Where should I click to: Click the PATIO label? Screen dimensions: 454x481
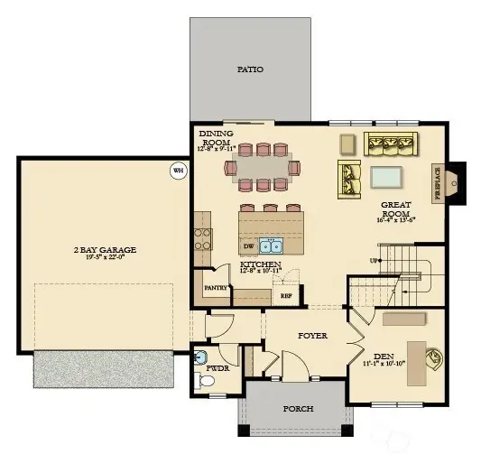pyautogui.click(x=250, y=69)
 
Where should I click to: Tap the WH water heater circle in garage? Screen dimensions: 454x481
pyautogui.click(x=178, y=169)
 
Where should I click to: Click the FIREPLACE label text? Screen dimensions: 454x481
pyautogui.click(x=437, y=183)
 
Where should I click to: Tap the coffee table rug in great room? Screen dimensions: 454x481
pyautogui.click(x=385, y=175)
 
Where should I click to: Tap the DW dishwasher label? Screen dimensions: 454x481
pyautogui.click(x=247, y=246)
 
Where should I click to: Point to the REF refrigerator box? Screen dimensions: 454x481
pyautogui.click(x=286, y=295)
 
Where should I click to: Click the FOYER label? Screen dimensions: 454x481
pyautogui.click(x=313, y=336)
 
